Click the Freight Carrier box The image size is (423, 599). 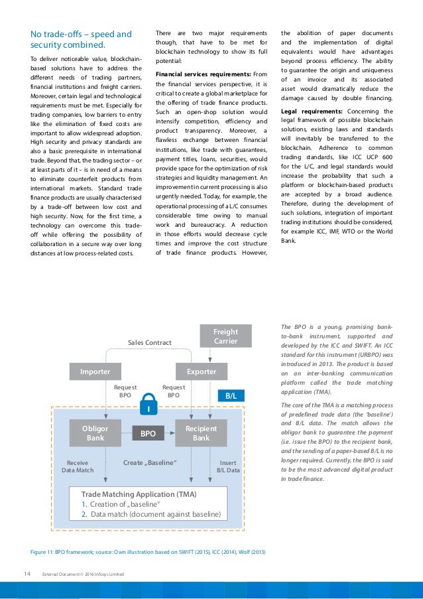click(x=225, y=336)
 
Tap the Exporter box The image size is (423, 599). click(x=201, y=371)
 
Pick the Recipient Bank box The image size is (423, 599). click(x=201, y=433)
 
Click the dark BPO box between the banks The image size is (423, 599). click(x=148, y=434)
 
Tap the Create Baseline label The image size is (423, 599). click(x=150, y=462)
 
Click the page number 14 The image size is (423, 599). click(x=27, y=574)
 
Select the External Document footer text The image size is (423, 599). click(x=82, y=574)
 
